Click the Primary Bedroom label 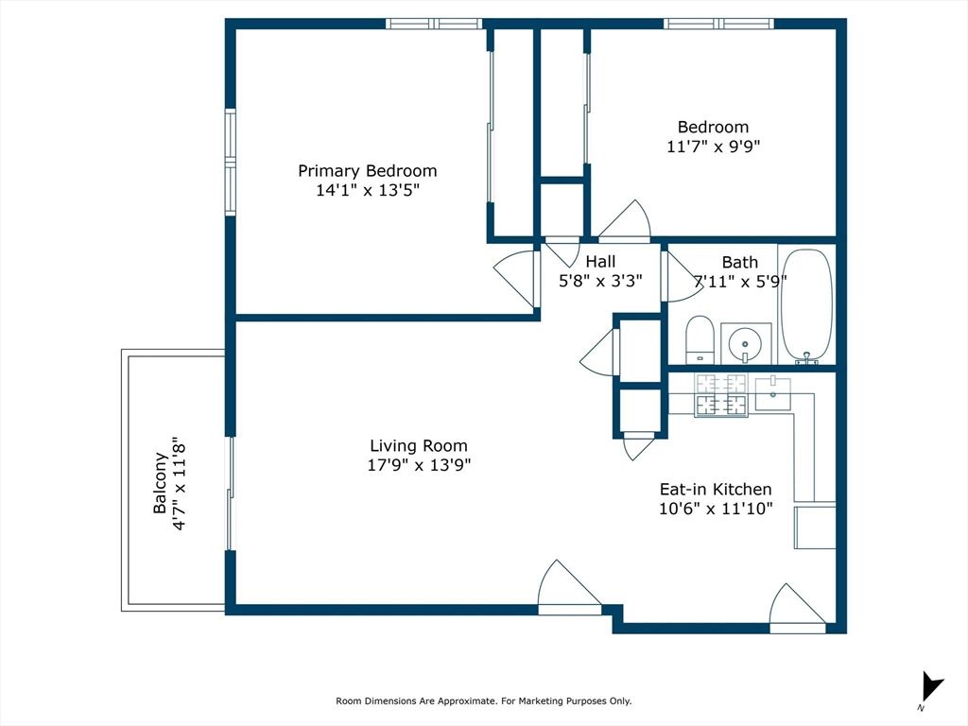point(367,171)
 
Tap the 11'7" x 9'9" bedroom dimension point(713,147)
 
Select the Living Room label point(418,446)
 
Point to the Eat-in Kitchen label point(715,489)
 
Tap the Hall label point(600,262)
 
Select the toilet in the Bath point(700,338)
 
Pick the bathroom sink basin point(746,342)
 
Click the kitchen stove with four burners point(721,395)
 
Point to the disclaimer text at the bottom point(483,701)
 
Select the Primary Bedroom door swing point(516,278)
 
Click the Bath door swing point(677,276)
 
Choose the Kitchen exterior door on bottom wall point(796,608)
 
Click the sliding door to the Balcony point(230,492)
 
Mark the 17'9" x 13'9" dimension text point(419,465)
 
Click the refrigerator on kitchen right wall point(815,527)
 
